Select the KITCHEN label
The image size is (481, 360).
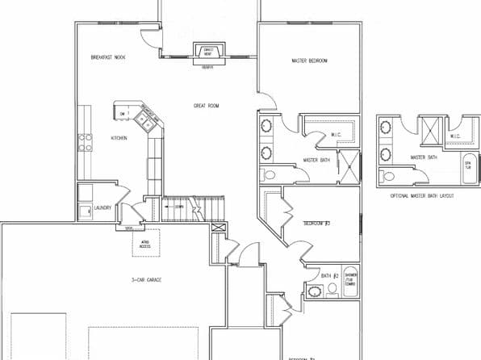(x=119, y=138)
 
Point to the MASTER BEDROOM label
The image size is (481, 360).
(x=309, y=61)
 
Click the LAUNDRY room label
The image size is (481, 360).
(x=102, y=207)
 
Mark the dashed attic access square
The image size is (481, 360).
(x=145, y=242)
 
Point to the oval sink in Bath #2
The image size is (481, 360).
(x=310, y=291)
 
